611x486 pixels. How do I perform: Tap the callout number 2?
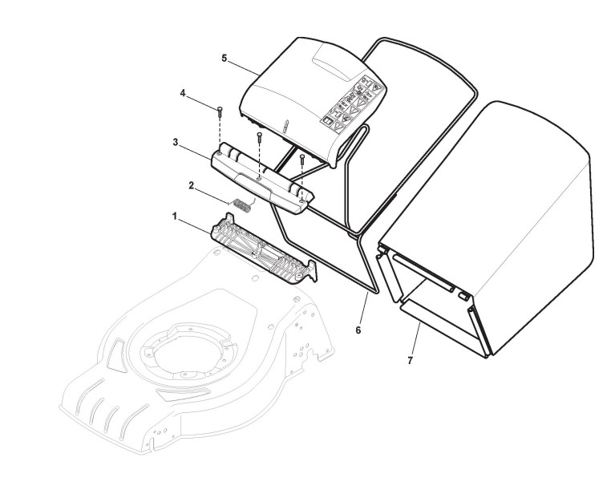click(192, 185)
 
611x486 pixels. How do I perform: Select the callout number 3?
click(175, 142)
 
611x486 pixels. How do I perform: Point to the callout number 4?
click(183, 94)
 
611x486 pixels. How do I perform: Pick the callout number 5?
click(225, 58)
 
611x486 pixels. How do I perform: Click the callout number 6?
click(358, 329)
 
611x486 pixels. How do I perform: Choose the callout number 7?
click(410, 360)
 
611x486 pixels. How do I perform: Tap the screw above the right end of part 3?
click(302, 161)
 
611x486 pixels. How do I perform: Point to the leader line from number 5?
click(243, 67)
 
